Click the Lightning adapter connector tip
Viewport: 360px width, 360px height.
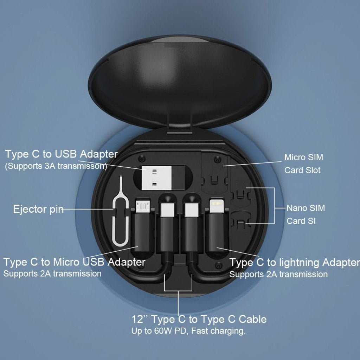[216, 206]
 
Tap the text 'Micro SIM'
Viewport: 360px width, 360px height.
[303, 157]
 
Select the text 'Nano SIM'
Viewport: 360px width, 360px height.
[306, 208]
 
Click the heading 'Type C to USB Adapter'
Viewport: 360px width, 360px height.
[62, 154]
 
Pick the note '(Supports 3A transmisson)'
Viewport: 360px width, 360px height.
[56, 166]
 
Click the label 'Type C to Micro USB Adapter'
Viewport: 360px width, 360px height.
[74, 262]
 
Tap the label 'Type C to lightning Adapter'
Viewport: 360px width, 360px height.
[295, 263]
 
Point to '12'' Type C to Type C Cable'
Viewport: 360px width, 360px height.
[199, 319]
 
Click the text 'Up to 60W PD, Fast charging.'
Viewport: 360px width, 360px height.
[188, 331]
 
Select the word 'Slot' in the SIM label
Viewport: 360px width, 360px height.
[313, 170]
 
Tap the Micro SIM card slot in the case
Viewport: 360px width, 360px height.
[214, 169]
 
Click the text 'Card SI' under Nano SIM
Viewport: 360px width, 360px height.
[301, 221]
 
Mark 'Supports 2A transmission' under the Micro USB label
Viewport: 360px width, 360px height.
[52, 274]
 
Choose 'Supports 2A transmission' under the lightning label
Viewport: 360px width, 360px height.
[278, 274]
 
